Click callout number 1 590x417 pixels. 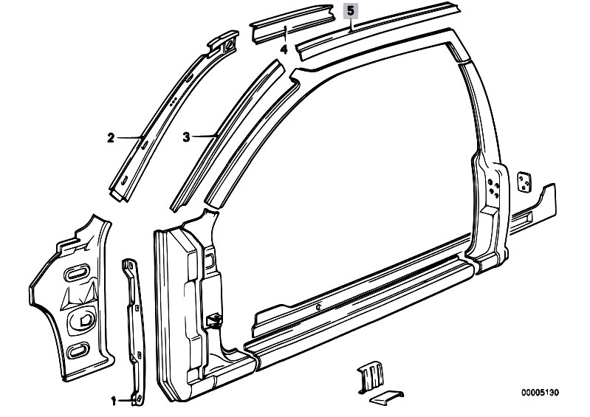(x=114, y=402)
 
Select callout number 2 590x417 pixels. (x=110, y=138)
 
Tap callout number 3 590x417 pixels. (x=186, y=137)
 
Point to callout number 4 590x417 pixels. (x=284, y=49)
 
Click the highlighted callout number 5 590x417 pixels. (x=351, y=11)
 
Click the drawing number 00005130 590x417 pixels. (x=540, y=393)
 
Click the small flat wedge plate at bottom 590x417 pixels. (x=386, y=398)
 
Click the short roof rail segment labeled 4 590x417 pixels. (x=292, y=24)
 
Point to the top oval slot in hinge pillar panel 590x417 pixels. (x=77, y=273)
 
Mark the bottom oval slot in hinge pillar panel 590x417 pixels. (x=78, y=350)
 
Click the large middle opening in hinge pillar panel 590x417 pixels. (x=81, y=320)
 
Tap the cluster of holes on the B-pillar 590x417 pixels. (x=494, y=187)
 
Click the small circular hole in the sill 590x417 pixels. (x=318, y=308)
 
